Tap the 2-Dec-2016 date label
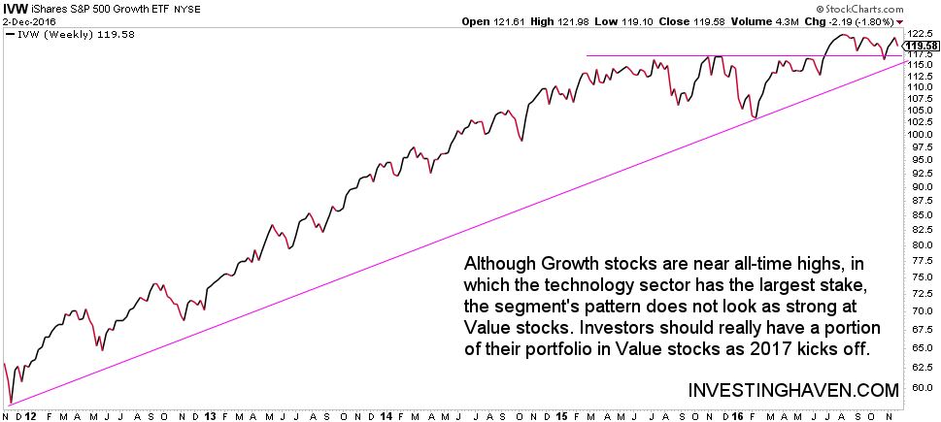29,20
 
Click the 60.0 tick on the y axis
920,387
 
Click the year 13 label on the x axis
211,414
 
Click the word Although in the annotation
502,264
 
